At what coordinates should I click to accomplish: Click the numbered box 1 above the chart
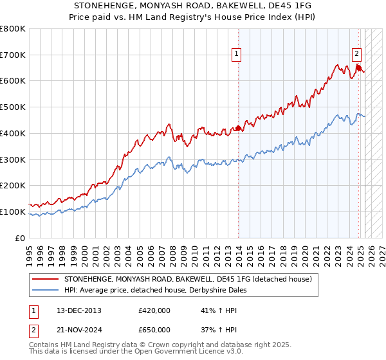pos(237,55)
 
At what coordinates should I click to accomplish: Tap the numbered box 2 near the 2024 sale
pos(356,55)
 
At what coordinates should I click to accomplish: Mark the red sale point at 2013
pos(239,129)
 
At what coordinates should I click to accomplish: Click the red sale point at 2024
pos(359,68)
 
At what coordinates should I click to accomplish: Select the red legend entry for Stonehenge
pos(188,279)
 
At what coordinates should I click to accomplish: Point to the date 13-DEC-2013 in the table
pos(79,310)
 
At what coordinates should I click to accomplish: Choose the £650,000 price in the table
pos(154,330)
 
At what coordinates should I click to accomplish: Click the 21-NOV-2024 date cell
pos(79,330)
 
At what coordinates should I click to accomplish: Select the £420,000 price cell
pos(154,310)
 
